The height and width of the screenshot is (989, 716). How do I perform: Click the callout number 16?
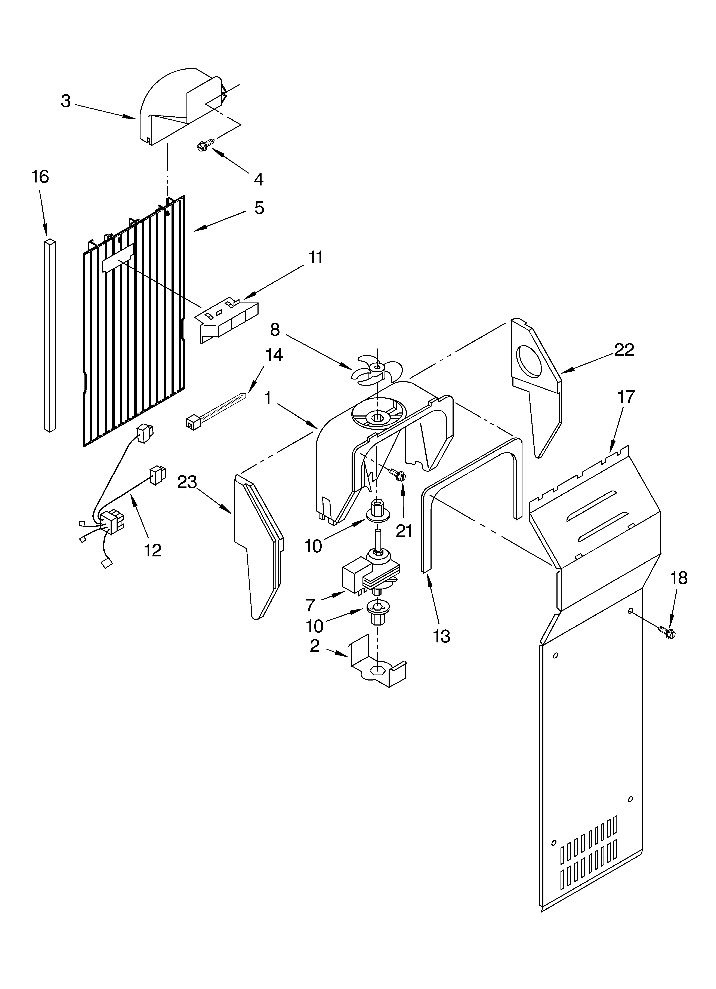(40, 177)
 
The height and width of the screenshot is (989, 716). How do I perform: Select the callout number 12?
(153, 550)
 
